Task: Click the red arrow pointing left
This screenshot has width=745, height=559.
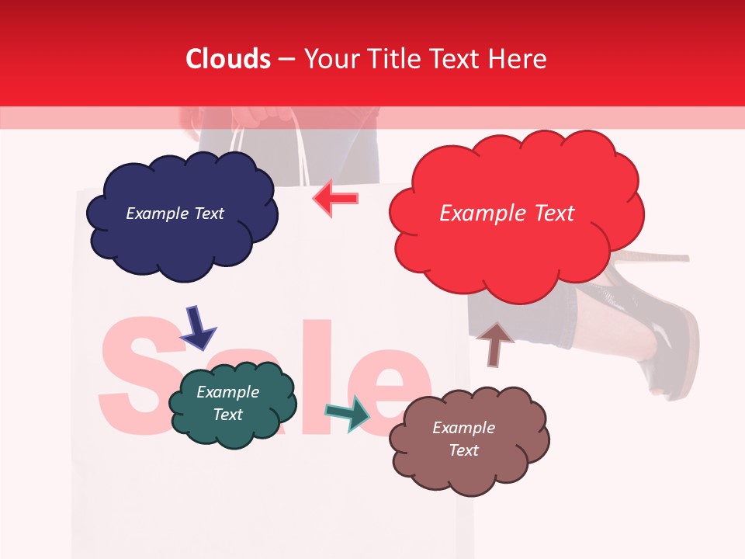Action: [335, 199]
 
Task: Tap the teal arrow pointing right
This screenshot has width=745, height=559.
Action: [347, 413]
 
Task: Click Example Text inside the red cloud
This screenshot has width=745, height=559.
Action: [507, 214]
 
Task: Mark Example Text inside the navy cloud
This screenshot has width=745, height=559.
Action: [175, 214]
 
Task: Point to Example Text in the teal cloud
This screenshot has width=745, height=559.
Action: [228, 403]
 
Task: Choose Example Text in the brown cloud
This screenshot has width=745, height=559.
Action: [463, 439]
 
